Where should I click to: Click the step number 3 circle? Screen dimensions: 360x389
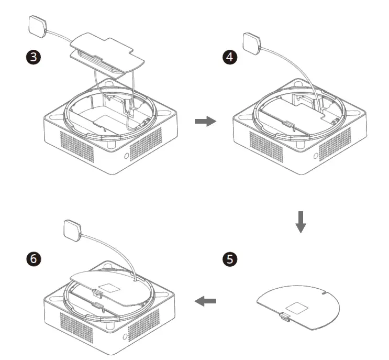(x=34, y=57)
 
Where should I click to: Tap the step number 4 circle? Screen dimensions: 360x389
(x=228, y=57)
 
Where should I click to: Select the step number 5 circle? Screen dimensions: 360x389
(x=229, y=258)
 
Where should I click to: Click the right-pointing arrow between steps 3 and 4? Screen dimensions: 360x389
(x=205, y=122)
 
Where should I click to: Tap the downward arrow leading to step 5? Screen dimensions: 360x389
(x=300, y=222)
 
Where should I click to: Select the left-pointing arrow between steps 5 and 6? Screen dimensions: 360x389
(x=205, y=301)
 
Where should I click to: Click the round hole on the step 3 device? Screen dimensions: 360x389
(x=127, y=156)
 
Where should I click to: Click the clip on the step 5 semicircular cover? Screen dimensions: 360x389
(x=283, y=316)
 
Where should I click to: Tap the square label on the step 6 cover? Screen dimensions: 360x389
(x=110, y=287)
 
